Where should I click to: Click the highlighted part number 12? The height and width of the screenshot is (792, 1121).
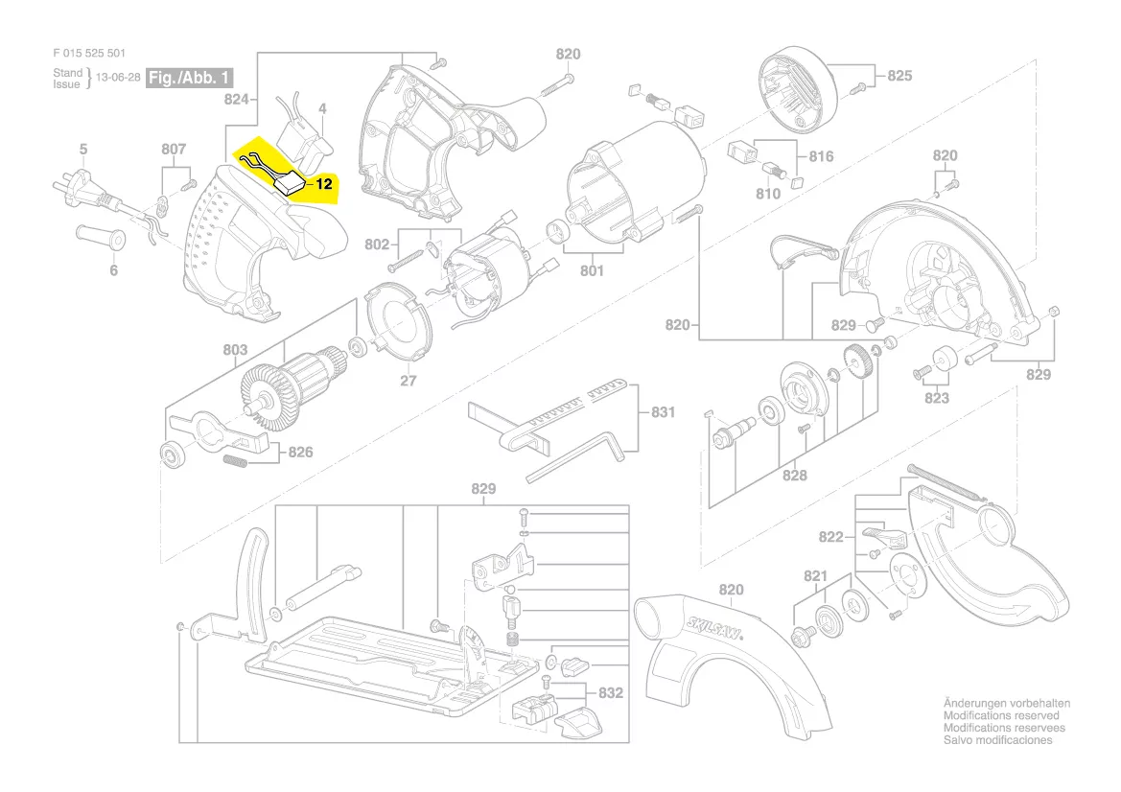coord(324,182)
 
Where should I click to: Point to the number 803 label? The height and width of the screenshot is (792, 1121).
coord(235,350)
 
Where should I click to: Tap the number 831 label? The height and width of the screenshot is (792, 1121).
coord(663,412)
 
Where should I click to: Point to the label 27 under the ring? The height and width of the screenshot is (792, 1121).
coord(409,381)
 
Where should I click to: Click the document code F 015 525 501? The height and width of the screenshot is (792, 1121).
coord(89,54)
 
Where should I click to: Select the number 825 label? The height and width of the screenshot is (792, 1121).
coord(899,76)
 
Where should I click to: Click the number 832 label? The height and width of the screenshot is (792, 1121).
coord(611,692)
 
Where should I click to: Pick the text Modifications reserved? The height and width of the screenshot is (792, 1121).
coord(1001,716)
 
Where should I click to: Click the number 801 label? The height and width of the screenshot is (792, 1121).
coord(592,271)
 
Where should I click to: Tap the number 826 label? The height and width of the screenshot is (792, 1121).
coord(300,451)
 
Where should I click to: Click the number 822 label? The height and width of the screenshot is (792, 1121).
coord(830,538)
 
